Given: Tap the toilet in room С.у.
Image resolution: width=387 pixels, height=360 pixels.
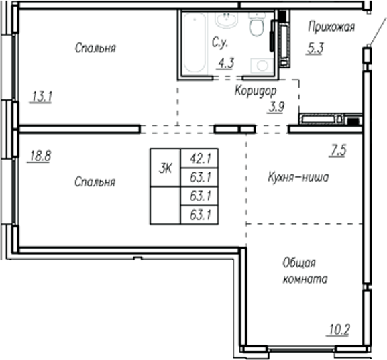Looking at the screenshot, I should tap(257, 26).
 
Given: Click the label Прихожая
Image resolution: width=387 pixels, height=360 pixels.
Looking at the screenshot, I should tap(331, 27).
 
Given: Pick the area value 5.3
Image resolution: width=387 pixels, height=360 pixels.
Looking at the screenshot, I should tap(315, 48).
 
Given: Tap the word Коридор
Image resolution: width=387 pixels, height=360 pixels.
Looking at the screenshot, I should tap(256, 90).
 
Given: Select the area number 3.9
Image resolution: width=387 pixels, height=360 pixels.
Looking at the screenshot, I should tap(275, 106).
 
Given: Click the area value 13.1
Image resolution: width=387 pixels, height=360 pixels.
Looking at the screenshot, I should tap(42, 97).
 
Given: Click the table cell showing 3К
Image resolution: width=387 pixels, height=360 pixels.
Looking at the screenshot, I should tap(165, 168).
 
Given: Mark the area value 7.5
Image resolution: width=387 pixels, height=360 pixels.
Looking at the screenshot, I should tap(337, 151).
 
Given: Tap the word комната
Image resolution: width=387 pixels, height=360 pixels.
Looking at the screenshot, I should tap(305, 279).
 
